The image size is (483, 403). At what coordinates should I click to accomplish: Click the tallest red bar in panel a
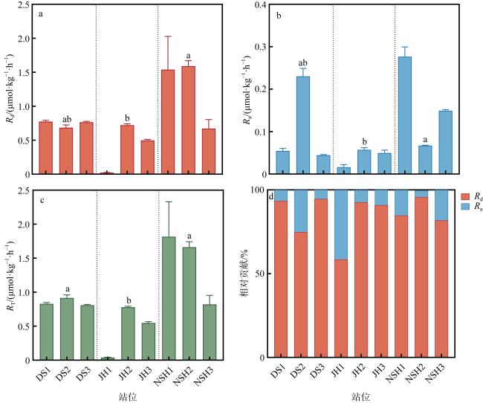pos(188,120)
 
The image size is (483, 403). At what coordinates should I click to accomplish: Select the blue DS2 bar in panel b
pos(303,125)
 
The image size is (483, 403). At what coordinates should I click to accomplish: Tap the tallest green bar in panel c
pos(169,298)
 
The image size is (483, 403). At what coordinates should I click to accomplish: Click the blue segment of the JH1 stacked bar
pos(341,225)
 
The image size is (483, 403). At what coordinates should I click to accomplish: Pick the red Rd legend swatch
pos(465,196)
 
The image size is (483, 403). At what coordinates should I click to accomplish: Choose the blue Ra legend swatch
pos(465,206)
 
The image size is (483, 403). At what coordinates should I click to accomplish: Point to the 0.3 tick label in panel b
pos(261,47)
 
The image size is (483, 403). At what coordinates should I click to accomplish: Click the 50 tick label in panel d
pos(260,274)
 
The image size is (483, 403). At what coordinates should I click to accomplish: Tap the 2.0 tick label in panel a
pos(23,39)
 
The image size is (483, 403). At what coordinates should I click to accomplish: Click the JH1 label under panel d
pos(338,370)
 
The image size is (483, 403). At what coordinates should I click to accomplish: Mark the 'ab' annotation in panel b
pos(302,63)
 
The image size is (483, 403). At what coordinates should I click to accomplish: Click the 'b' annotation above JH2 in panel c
pos(129,300)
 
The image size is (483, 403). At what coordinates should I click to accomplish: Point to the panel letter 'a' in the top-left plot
pos(40,14)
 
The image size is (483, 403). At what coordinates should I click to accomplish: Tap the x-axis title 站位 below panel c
pos(128,396)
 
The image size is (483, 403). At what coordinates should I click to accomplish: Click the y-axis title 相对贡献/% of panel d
pos(245,273)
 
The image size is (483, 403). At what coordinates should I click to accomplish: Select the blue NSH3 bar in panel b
pos(445,142)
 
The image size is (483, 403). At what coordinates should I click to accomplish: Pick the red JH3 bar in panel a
pos(148,157)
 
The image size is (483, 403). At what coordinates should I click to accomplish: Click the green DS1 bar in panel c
pos(47,332)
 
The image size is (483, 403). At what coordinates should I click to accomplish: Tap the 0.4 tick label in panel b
pos(261,4)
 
